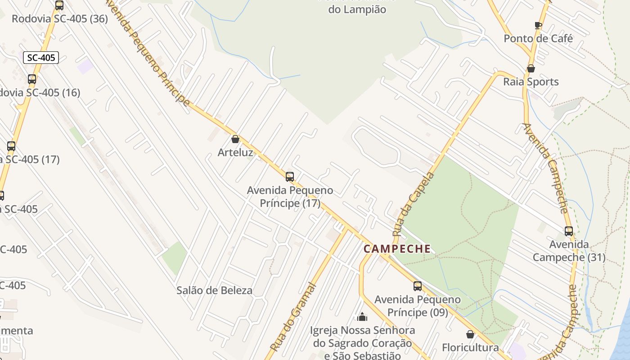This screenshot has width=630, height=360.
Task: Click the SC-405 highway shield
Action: pyautogui.click(x=41, y=58)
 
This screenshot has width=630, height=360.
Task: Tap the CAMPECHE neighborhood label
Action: pyautogui.click(x=397, y=249)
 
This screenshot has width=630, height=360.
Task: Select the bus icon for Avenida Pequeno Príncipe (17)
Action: pyautogui.click(x=290, y=177)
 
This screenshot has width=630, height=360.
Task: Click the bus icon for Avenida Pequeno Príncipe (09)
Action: pyautogui.click(x=418, y=286)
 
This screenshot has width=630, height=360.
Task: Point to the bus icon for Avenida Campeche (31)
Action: pyautogui.click(x=569, y=231)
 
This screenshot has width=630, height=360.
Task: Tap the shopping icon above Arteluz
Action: pyautogui.click(x=235, y=139)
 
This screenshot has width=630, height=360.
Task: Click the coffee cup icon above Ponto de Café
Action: pyautogui.click(x=538, y=25)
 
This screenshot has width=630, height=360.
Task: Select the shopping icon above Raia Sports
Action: pyautogui.click(x=531, y=68)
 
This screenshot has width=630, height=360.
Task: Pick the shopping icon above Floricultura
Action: pyautogui.click(x=470, y=334)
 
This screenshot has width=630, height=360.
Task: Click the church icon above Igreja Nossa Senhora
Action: pyautogui.click(x=362, y=317)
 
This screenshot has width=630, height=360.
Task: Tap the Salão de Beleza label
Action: pyautogui.click(x=214, y=290)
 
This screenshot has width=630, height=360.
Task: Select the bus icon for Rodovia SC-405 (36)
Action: pyautogui.click(x=59, y=5)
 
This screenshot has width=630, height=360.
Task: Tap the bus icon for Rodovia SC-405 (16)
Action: pyautogui.click(x=32, y=79)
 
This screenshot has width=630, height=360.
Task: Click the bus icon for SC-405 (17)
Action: pyautogui.click(x=11, y=146)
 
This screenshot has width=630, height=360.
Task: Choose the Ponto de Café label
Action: pyautogui.click(x=538, y=39)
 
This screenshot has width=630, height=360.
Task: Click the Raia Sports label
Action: pyautogui.click(x=531, y=82)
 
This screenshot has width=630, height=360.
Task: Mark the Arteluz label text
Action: pyautogui.click(x=235, y=153)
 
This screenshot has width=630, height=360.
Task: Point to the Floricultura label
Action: pyautogui.click(x=470, y=348)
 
